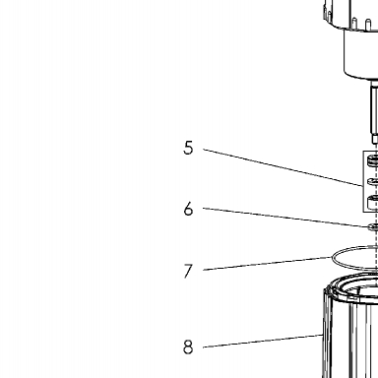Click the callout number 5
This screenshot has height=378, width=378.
[188, 148]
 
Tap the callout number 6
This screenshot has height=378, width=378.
[188, 209]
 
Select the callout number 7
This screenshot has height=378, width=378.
[188, 271]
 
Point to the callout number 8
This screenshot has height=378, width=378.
[188, 346]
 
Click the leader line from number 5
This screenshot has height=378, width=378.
[283, 167]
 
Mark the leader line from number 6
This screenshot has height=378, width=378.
[285, 217]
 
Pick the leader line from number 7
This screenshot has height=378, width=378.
[268, 264]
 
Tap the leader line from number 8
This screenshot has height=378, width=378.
[263, 341]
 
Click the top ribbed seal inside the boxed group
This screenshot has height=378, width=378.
[372, 160]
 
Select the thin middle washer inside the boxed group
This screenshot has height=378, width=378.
[372, 181]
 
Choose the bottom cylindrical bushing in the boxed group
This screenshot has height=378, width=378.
[372, 201]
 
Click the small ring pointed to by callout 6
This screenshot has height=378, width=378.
[373, 226]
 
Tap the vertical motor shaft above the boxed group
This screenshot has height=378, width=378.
[374, 110]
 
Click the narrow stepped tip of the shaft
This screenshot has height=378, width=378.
[375, 141]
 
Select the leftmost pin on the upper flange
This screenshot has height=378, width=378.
[329, 15]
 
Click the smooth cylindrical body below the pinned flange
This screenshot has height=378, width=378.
[360, 54]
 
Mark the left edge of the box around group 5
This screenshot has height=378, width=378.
[363, 181]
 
